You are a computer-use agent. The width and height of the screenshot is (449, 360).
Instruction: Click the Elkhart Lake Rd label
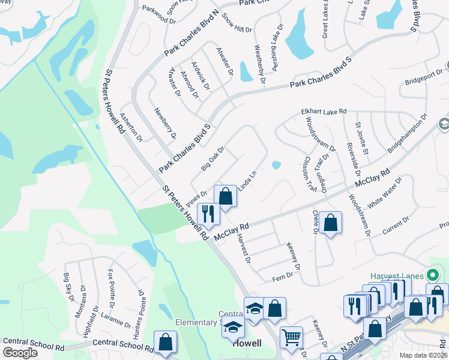324,112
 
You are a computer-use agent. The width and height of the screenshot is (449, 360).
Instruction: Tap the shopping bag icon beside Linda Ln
226,196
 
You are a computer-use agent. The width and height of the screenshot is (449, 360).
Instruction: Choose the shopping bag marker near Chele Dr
330,223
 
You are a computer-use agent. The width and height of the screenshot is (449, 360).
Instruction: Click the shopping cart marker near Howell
291,337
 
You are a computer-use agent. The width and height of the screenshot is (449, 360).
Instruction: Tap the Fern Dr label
282,276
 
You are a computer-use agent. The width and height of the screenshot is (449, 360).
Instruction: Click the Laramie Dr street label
113,316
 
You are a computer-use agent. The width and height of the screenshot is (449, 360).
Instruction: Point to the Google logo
20,353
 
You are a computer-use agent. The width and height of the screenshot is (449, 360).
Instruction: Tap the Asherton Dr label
131,127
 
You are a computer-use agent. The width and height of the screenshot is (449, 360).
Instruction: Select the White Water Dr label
382,194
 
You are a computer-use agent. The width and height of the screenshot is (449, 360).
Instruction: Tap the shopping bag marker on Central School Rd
165,343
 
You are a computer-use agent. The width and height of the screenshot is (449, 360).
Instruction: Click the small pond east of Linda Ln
276,165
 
